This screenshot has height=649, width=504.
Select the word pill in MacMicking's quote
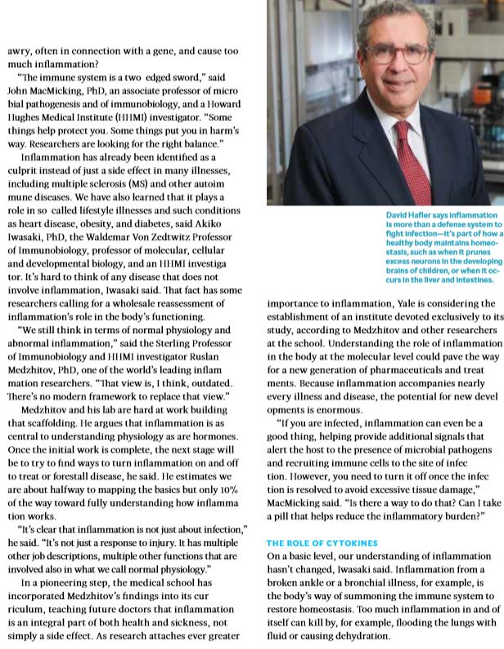[x=281, y=516]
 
